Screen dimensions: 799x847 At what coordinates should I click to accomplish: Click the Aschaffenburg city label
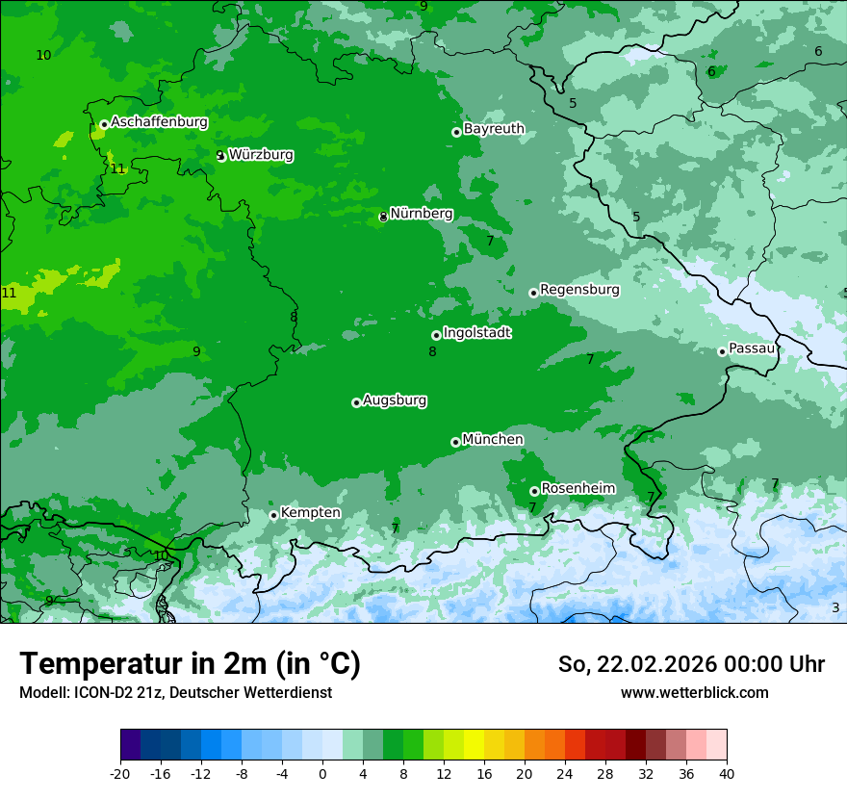159,122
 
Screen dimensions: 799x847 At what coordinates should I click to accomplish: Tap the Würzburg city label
261,155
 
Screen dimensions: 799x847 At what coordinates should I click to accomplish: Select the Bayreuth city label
494,129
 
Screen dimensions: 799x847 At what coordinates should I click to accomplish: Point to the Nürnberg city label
421,214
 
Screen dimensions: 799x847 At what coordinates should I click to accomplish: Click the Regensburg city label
579,290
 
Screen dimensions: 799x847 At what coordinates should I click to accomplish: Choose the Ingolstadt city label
476,333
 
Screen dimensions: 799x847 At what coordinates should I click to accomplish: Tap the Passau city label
752,348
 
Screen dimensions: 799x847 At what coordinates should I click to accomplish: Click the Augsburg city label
395,400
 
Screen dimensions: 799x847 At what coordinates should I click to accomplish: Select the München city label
493,440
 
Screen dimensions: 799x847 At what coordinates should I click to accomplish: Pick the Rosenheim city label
577,489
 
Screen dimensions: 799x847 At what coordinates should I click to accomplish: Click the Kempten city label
310,513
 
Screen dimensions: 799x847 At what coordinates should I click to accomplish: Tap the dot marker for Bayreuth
456,132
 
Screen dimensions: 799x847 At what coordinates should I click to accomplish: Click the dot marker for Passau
722,351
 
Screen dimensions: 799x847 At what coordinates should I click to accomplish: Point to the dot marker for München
455,443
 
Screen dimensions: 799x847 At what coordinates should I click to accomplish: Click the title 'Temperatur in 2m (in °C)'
190,664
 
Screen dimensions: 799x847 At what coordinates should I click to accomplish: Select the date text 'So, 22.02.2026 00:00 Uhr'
691,664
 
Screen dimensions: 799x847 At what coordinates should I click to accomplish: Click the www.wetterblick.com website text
694,693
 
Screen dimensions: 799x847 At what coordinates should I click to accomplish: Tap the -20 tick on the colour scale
120,774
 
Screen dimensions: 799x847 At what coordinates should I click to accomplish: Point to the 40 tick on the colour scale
726,774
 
